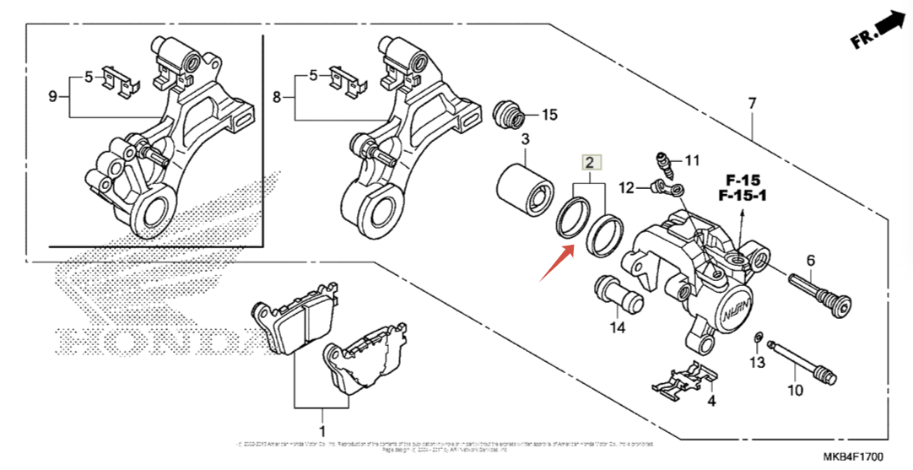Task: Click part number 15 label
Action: coord(549,114)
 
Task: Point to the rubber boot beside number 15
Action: coord(508,116)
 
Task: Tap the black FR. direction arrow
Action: coord(889,23)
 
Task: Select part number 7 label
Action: coord(751,103)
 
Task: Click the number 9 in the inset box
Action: coord(52,97)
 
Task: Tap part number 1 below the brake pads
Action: coord(321,416)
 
